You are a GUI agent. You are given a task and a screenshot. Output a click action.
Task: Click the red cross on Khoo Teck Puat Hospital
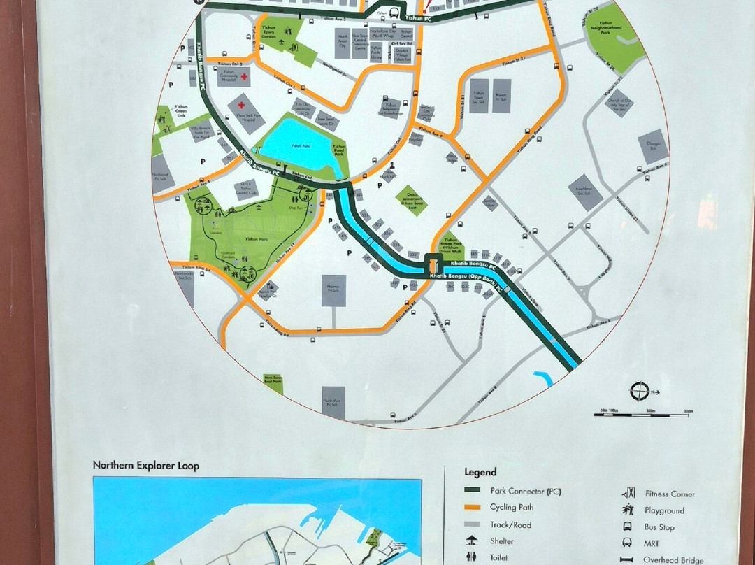(x=241, y=105)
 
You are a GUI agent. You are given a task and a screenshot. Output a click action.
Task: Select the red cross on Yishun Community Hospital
(x=214, y=77)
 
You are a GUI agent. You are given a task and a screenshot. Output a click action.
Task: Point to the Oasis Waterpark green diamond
(x=411, y=200)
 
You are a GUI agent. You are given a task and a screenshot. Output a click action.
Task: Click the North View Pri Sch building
(x=333, y=403)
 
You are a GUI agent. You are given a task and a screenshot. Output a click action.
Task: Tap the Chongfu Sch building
(x=653, y=147)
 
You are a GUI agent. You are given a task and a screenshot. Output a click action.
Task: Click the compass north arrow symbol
(x=639, y=391)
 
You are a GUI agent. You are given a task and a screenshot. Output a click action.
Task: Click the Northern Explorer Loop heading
(x=146, y=466)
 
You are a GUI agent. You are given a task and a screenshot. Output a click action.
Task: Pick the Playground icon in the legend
(x=629, y=510)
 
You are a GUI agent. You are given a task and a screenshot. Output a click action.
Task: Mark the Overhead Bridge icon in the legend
(x=629, y=559)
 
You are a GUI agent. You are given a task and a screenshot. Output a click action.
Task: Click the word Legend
(x=480, y=473)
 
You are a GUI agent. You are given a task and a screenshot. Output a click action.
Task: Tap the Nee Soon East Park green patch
(x=273, y=382)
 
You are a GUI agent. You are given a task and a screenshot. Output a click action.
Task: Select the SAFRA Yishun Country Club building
(x=246, y=189)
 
